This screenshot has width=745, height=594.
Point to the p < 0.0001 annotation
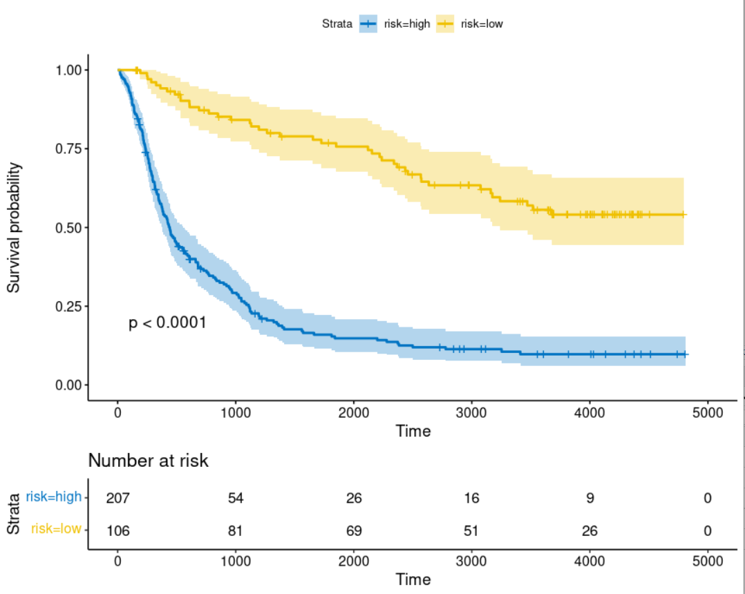167,323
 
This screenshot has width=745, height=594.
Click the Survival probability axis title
14,228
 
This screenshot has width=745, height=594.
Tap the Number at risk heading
148,461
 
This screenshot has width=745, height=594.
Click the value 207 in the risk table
117,498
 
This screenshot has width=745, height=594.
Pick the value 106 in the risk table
117,530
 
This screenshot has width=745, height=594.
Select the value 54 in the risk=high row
236,498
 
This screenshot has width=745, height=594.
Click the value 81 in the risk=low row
236,530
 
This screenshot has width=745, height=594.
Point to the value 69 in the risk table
354,530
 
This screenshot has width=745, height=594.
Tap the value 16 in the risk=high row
471,498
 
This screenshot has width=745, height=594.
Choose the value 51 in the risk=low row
471,530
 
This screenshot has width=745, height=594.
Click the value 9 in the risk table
590,498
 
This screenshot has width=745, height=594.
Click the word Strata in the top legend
338,23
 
